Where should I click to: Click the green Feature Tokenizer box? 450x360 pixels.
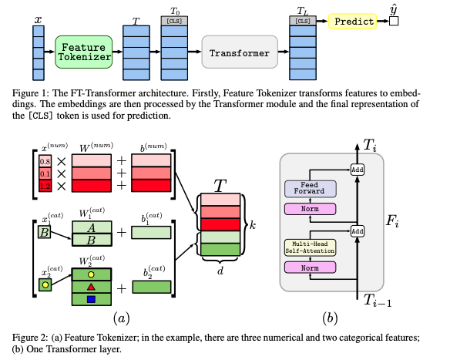click(83, 52)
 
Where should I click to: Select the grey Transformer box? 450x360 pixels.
click(240, 52)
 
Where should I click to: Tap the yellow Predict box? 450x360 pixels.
click(353, 22)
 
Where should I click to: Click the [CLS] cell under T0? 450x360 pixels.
click(174, 21)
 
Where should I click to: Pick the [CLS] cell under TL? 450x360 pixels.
click(303, 21)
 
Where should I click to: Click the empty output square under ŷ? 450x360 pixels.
click(394, 22)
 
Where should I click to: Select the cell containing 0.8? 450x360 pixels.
click(45, 161)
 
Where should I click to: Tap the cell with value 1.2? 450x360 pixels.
click(45, 186)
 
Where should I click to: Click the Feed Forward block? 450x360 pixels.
click(311, 189)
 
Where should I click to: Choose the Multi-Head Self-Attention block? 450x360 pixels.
click(311, 247)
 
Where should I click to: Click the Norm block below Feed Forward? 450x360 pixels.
click(311, 209)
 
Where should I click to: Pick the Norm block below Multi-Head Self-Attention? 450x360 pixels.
click(311, 267)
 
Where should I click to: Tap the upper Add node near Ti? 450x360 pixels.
click(358, 170)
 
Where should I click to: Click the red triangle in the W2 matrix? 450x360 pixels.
click(91, 287)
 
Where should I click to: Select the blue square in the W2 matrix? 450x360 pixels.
click(91, 299)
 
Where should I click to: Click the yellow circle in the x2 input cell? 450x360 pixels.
click(45, 284)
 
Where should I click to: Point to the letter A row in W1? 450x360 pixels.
click(92, 227)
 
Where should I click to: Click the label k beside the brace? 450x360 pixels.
click(253, 225)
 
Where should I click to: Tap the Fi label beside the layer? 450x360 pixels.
click(392, 220)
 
